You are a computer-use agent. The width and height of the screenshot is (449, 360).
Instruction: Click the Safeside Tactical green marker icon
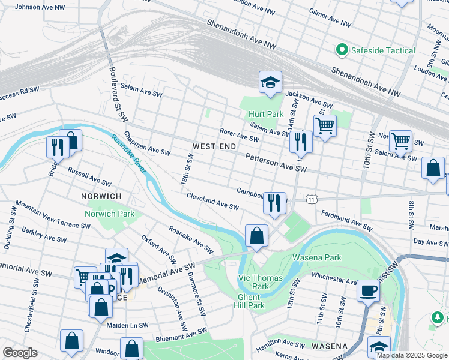343,50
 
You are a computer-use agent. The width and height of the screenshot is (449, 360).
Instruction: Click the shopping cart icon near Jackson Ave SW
325,125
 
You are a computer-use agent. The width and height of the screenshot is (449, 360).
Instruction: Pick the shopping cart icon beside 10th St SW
400,141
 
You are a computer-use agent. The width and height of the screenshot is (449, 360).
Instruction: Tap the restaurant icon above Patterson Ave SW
301,141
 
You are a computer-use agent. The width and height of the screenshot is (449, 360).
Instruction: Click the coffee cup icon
368,290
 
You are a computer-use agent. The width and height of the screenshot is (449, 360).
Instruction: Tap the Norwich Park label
109,214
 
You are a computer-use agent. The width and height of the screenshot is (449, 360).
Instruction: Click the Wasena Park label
316,257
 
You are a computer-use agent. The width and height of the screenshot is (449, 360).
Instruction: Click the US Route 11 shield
310,198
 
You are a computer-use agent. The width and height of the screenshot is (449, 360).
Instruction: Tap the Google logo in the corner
20,352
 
